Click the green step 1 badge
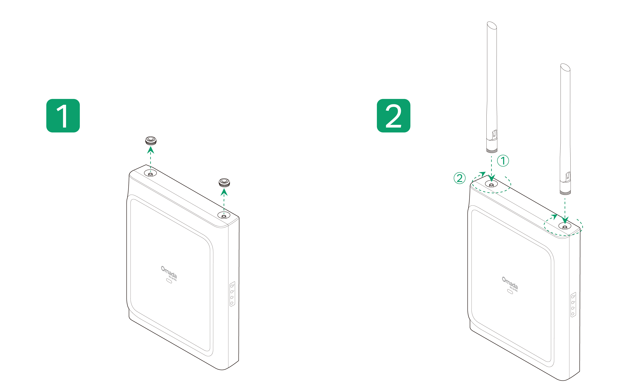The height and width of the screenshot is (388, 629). click(63, 116)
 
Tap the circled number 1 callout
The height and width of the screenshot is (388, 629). click(503, 161)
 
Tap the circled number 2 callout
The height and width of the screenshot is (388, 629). click(459, 178)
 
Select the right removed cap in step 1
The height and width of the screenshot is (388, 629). click(224, 183)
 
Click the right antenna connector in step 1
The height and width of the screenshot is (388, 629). click(224, 216)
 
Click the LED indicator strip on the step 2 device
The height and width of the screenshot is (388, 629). click(573, 305)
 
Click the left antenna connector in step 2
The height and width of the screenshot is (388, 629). click(491, 184)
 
